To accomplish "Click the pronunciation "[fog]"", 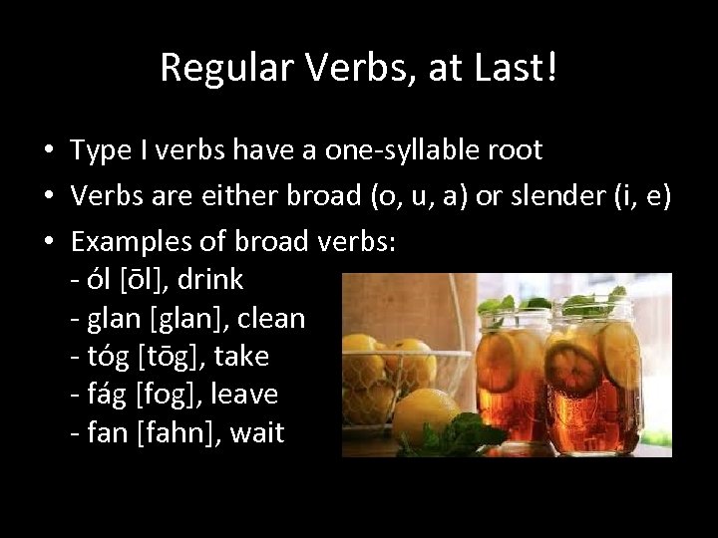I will [x=155, y=396].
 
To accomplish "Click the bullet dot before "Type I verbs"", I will [x=48, y=152].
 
